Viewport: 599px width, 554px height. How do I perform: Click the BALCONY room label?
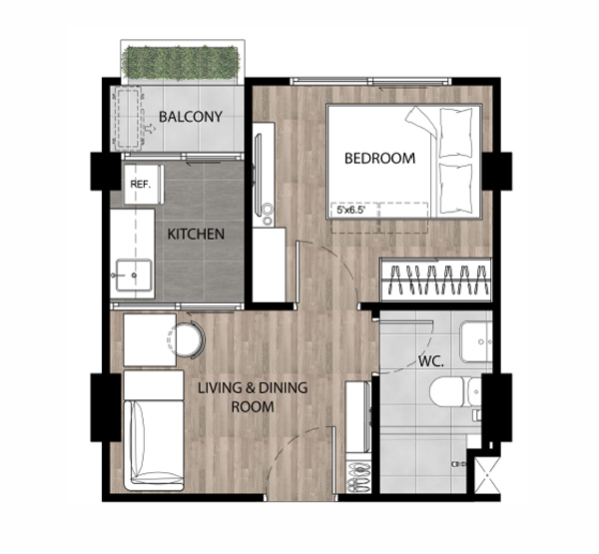(191, 117)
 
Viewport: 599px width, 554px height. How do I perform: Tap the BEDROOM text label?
(379, 158)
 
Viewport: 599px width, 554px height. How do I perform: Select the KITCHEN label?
(196, 234)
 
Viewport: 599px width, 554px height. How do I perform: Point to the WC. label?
(431, 361)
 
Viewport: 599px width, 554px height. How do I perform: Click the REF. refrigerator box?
(143, 184)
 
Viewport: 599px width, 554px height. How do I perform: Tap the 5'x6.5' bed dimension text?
(351, 210)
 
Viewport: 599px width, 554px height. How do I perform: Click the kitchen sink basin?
(134, 275)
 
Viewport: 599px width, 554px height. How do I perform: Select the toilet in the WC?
(455, 392)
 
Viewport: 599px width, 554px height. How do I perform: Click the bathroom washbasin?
(475, 342)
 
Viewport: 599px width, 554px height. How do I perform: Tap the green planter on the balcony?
(181, 62)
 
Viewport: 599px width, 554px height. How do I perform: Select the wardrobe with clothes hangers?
(435, 279)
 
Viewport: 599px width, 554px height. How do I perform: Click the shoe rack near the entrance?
(358, 477)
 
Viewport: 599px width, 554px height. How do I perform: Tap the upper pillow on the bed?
(455, 133)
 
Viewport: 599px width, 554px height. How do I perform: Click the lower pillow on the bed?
(455, 188)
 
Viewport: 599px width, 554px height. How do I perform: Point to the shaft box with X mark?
(487, 475)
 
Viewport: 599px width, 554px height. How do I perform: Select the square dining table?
(150, 340)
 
